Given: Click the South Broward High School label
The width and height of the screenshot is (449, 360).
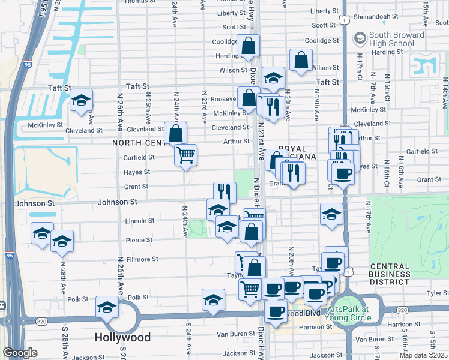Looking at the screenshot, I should tap(397, 39).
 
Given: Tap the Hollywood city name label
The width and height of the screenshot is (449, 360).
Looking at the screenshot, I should tap(122, 337).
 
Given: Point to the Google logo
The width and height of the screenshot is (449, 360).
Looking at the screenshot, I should tap(20, 353).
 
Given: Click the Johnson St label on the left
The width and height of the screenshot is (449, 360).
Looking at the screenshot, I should tap(34, 203).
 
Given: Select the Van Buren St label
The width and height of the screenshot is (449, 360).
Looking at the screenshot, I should tap(232, 334).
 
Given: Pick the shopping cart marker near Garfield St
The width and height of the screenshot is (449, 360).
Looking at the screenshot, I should tap(185, 155).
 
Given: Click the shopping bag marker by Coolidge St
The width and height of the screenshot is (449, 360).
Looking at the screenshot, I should tap(248, 46).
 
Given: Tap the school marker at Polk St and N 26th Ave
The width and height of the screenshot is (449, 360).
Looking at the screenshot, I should tap(107, 308).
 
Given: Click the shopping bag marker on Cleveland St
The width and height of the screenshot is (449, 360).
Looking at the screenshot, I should tap(175, 133).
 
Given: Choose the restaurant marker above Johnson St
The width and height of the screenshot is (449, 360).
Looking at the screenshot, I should tap(224, 192).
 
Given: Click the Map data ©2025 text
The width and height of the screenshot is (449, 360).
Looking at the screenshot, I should tap(423, 355).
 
